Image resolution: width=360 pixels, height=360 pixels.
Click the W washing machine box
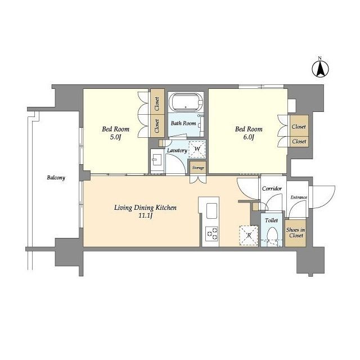(197, 149)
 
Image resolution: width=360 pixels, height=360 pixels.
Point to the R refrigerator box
(249, 235)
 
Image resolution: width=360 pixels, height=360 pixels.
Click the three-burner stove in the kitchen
(212, 234)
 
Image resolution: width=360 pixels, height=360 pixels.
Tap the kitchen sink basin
(211, 211)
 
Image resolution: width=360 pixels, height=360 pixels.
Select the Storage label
(198, 168)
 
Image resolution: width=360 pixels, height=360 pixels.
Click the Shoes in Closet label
(295, 232)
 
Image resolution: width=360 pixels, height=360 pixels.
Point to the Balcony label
(56, 178)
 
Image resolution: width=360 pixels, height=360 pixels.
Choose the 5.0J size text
(115, 137)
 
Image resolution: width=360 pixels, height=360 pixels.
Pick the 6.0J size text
(249, 137)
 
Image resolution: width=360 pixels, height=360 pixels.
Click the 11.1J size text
(146, 216)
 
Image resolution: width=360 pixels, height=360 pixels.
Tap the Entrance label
(299, 197)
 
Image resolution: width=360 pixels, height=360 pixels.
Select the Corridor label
(272, 188)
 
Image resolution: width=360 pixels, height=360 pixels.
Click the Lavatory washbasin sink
(157, 159)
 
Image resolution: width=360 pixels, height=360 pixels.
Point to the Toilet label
(271, 220)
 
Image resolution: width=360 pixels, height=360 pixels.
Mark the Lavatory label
(177, 150)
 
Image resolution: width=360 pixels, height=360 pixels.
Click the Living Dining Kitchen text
(145, 208)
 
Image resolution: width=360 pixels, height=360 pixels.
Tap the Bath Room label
(183, 123)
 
